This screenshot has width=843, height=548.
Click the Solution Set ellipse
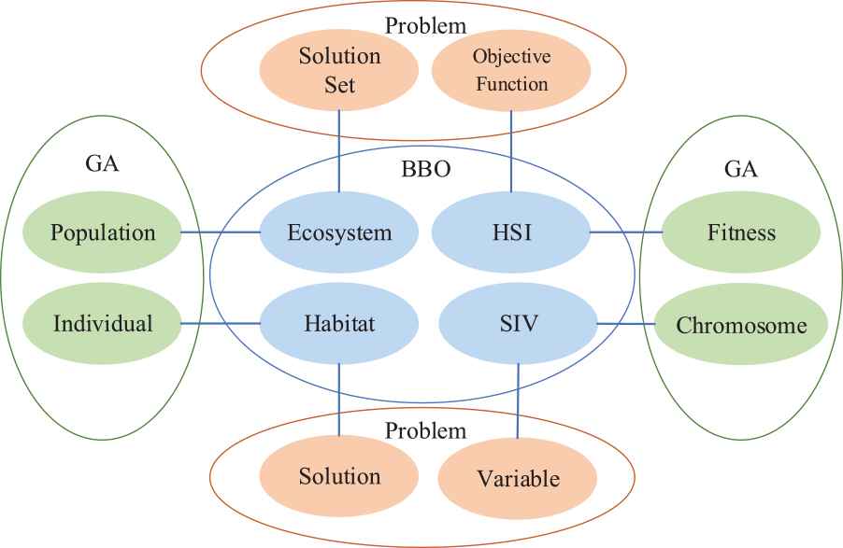[x=339, y=69]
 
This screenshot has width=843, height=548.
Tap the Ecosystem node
[x=338, y=232]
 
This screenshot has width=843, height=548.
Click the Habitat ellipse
[x=338, y=325]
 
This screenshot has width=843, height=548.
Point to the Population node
[x=103, y=232]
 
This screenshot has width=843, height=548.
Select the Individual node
[x=103, y=325]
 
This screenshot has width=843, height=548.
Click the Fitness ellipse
[x=741, y=232]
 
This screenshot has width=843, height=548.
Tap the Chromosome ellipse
[x=741, y=326]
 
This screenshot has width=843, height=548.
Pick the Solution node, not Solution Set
[x=339, y=476]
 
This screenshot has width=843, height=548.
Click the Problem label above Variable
[x=425, y=430]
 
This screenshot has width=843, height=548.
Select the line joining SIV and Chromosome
[x=629, y=325]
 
